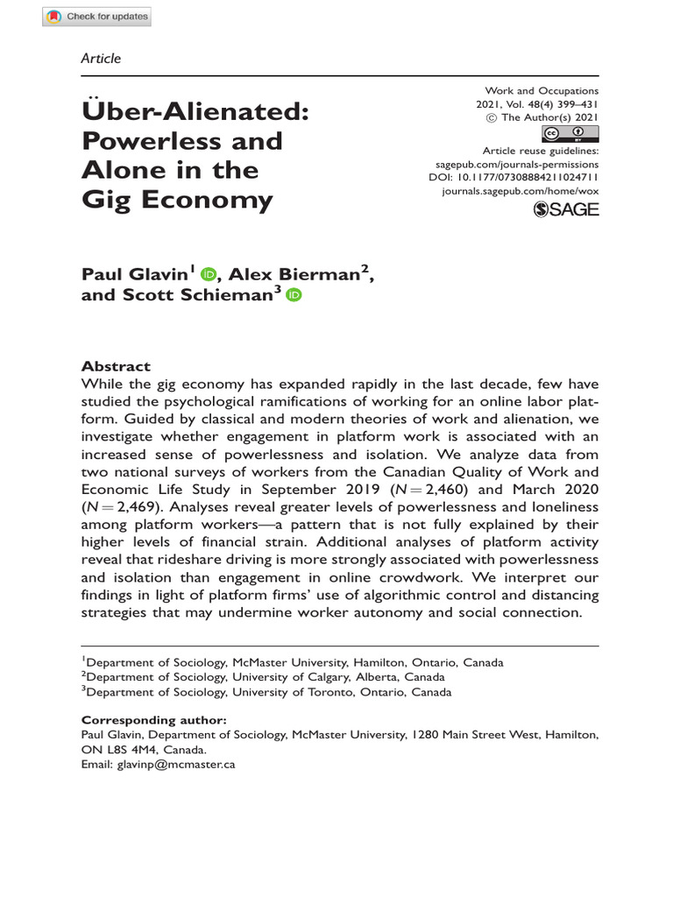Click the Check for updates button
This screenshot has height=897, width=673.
[97, 17]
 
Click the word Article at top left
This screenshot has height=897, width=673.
[101, 59]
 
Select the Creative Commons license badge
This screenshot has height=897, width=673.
[570, 134]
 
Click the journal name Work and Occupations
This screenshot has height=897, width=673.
[541, 91]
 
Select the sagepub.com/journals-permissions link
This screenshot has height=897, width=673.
[517, 164]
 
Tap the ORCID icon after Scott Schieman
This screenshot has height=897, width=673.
[292, 296]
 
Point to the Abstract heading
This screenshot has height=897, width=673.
[116, 366]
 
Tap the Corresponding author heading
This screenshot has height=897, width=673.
[153, 719]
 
